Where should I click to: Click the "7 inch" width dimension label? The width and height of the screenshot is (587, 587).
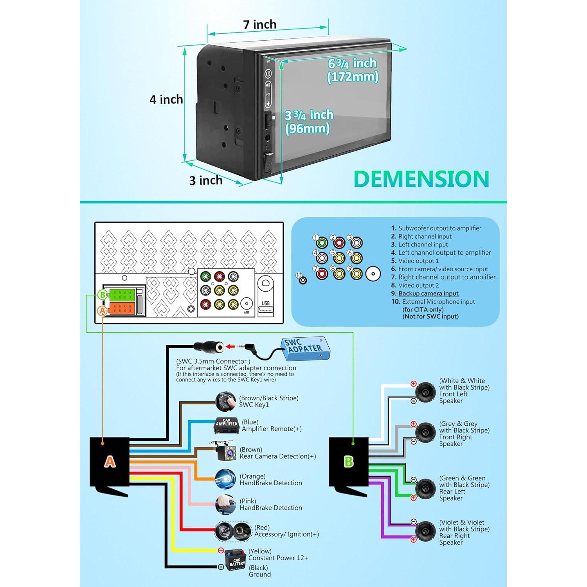[x=260, y=24]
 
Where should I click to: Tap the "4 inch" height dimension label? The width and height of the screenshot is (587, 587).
[x=166, y=99]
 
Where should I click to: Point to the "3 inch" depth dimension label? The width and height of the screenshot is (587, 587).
[x=206, y=180]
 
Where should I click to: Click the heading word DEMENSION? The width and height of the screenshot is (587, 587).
[x=421, y=179]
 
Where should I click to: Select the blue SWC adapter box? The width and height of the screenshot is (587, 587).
[x=305, y=348]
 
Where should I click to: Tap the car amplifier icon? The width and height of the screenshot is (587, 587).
[x=227, y=425]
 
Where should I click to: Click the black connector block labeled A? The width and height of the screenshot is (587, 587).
[x=110, y=462]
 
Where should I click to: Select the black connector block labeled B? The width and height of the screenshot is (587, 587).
[x=348, y=462]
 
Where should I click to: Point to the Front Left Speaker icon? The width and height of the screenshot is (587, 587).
[x=425, y=392]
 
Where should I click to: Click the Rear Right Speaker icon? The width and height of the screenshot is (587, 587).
[x=425, y=532]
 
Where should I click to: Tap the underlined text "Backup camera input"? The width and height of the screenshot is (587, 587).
[x=429, y=293]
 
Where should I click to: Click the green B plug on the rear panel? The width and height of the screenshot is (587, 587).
[x=122, y=294]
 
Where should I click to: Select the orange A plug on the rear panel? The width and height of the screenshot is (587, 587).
[x=122, y=308]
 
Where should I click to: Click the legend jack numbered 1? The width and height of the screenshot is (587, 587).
[x=322, y=243]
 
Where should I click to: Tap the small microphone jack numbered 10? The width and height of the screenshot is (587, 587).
[x=303, y=280]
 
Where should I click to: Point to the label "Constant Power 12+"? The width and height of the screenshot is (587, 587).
[x=278, y=558]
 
